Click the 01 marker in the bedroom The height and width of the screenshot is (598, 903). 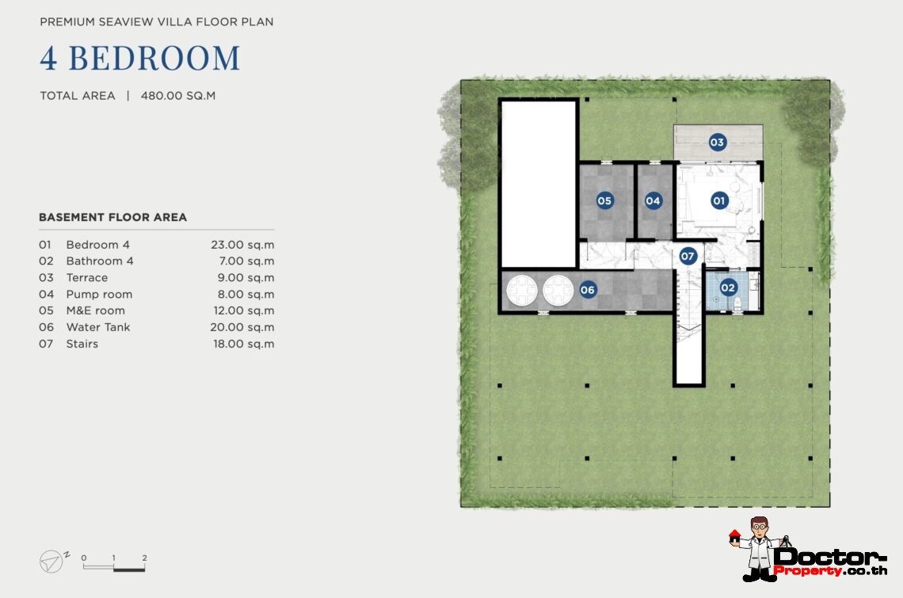pyautogui.click(x=718, y=200)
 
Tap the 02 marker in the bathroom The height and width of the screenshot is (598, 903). pyautogui.click(x=728, y=288)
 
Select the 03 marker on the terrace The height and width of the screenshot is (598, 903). pyautogui.click(x=717, y=143)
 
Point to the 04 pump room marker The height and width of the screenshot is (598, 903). pyautogui.click(x=653, y=200)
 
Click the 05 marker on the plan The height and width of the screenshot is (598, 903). pyautogui.click(x=604, y=200)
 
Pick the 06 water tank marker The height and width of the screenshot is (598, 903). pyautogui.click(x=588, y=290)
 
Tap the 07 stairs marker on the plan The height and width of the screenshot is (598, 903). pyautogui.click(x=688, y=256)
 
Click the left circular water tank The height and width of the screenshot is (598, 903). pyautogui.click(x=522, y=291)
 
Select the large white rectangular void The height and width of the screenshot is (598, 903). pyautogui.click(x=539, y=185)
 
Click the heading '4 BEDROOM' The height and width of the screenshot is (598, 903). pyautogui.click(x=140, y=58)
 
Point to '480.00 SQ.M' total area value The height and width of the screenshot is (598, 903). pyautogui.click(x=178, y=96)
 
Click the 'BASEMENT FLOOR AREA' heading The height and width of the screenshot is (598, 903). pyautogui.click(x=112, y=217)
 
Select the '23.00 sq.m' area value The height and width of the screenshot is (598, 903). pyautogui.click(x=242, y=245)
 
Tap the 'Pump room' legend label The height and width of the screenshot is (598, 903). pyautogui.click(x=99, y=295)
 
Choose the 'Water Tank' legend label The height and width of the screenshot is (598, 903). pyautogui.click(x=98, y=327)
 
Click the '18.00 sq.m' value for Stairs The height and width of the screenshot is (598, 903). pyautogui.click(x=244, y=344)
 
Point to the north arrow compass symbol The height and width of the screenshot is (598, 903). pyautogui.click(x=51, y=561)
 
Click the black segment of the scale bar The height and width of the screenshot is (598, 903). pyautogui.click(x=129, y=569)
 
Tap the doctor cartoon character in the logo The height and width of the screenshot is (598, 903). pyautogui.click(x=760, y=548)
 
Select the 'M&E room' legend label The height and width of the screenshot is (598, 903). pyautogui.click(x=96, y=310)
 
